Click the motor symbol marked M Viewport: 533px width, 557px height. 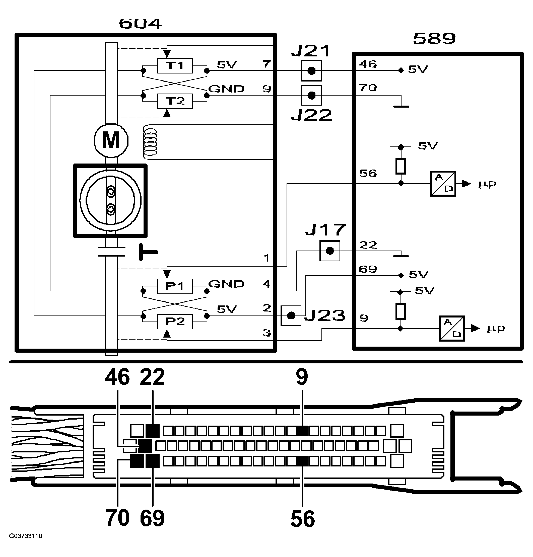111,140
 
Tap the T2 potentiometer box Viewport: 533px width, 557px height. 175,101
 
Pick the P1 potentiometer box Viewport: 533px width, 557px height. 175,286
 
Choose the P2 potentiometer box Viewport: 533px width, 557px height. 175,322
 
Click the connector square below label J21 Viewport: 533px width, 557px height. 312,71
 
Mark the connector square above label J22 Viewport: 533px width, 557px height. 312,95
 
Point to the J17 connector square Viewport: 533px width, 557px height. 330,251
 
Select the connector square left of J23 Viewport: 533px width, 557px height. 291,316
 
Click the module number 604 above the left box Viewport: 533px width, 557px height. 140,24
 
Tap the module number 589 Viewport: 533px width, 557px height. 434,39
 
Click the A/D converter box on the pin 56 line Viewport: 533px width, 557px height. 443,184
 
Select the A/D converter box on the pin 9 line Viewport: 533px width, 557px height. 452,329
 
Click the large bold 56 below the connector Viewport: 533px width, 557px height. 303,519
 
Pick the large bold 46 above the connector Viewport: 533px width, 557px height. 117,377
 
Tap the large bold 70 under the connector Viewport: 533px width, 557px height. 117,518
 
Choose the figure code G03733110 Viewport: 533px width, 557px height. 26,536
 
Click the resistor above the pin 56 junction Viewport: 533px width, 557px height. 401,166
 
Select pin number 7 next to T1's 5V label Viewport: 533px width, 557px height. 266,64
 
